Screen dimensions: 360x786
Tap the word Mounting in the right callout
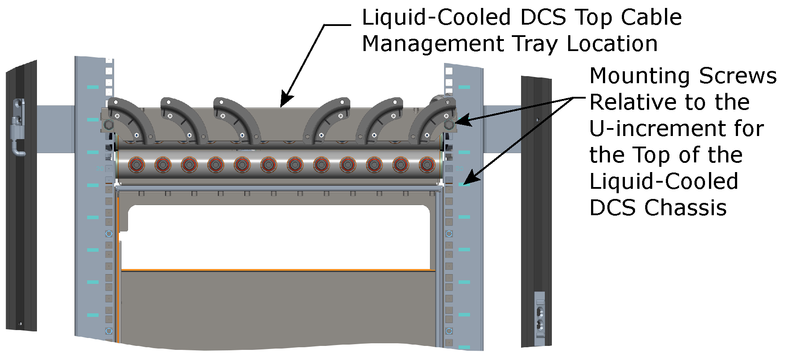pyautogui.click(x=641, y=76)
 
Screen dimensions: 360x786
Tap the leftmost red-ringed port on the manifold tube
pyautogui.click(x=136, y=165)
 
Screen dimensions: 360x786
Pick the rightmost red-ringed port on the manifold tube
pyautogui.click(x=427, y=165)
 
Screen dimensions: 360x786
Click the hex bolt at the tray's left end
pyautogui.click(x=108, y=125)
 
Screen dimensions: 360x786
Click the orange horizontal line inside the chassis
pyautogui.click(x=277, y=270)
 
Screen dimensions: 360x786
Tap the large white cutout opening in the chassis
pyautogui.click(x=277, y=238)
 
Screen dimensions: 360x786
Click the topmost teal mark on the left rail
pyautogui.click(x=93, y=87)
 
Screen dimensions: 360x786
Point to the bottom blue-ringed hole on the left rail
pyautogui.click(x=109, y=331)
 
